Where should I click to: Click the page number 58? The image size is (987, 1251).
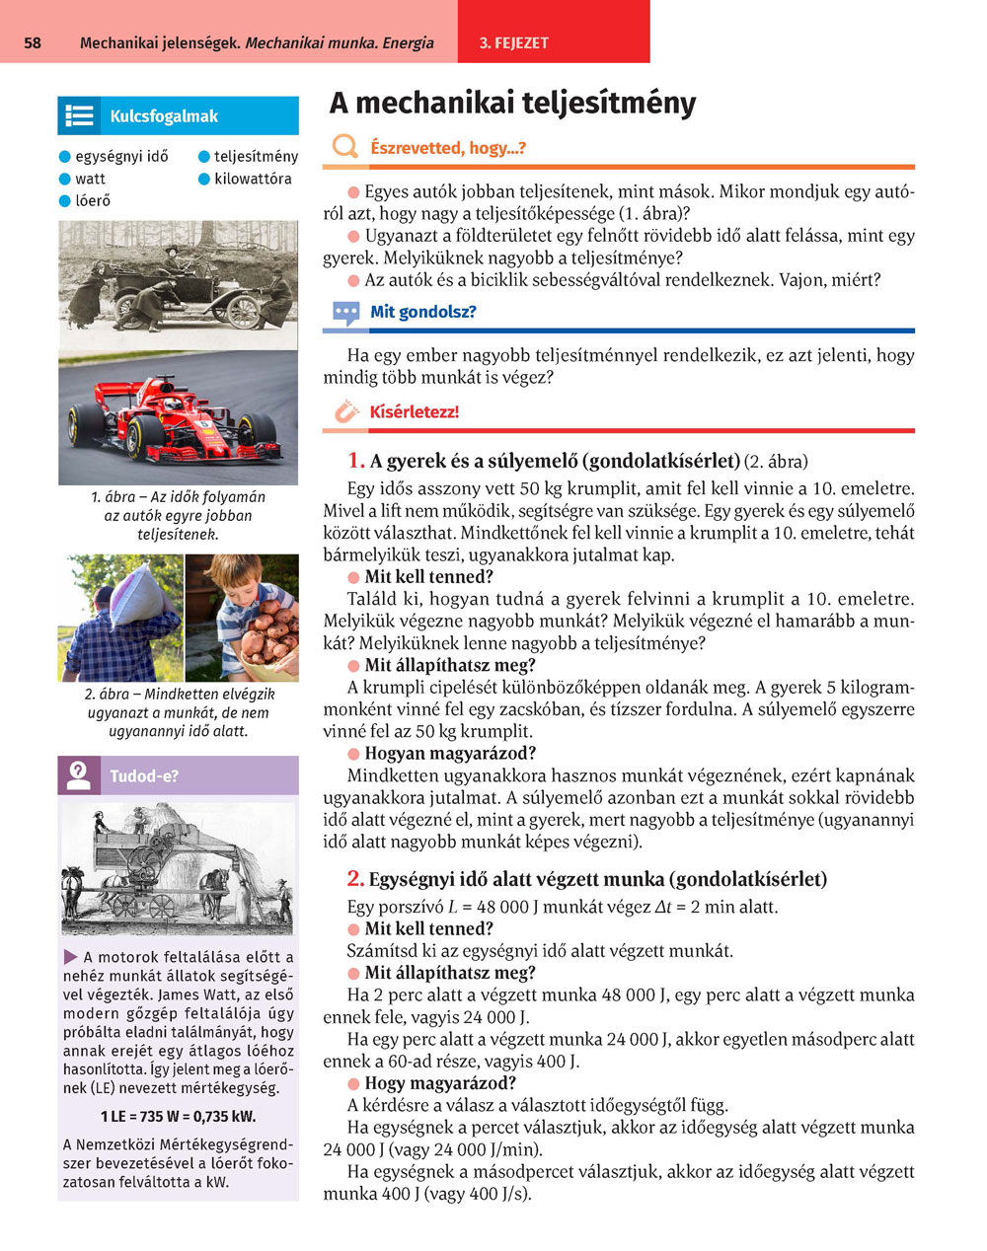point(32,43)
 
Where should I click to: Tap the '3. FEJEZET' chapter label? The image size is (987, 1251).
point(513,43)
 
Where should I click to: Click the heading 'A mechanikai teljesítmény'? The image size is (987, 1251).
point(512,104)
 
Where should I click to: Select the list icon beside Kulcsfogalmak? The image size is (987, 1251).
point(79,116)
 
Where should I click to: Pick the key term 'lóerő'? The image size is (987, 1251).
point(93,201)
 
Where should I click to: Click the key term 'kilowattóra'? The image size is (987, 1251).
point(253,179)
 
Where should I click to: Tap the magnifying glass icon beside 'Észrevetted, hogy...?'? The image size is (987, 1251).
point(344,148)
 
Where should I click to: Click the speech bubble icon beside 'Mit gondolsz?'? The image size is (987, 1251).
point(345,314)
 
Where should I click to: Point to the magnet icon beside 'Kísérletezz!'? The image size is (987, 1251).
point(345,411)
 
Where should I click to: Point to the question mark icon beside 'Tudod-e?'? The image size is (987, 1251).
point(79,775)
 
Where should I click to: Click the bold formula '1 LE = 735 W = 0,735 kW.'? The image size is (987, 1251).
point(178,1117)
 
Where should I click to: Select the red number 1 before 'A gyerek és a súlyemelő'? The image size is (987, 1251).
point(356,461)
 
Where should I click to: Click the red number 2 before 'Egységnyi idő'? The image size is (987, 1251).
point(356,879)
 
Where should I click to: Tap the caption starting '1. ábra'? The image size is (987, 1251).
point(178,515)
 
